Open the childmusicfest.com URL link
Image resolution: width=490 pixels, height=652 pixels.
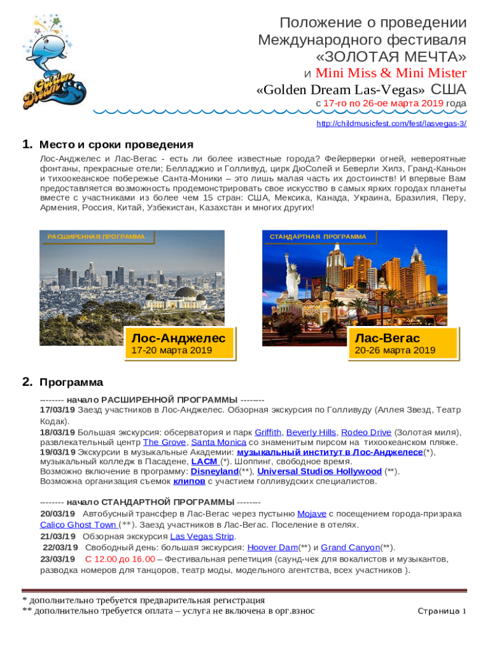[391, 124]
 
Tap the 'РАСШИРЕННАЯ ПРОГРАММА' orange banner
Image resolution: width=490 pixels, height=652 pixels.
[96, 237]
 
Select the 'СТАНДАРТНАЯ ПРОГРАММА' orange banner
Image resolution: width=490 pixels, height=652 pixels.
[318, 237]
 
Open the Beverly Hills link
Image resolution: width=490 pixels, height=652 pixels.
[311, 432]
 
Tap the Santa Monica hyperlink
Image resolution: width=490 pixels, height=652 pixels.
[218, 442]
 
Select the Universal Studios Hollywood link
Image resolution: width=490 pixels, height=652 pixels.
[319, 472]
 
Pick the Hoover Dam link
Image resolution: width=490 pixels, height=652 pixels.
[272, 548]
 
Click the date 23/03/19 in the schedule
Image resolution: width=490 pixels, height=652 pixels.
[58, 559]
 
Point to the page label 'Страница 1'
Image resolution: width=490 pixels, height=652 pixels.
[442, 611]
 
